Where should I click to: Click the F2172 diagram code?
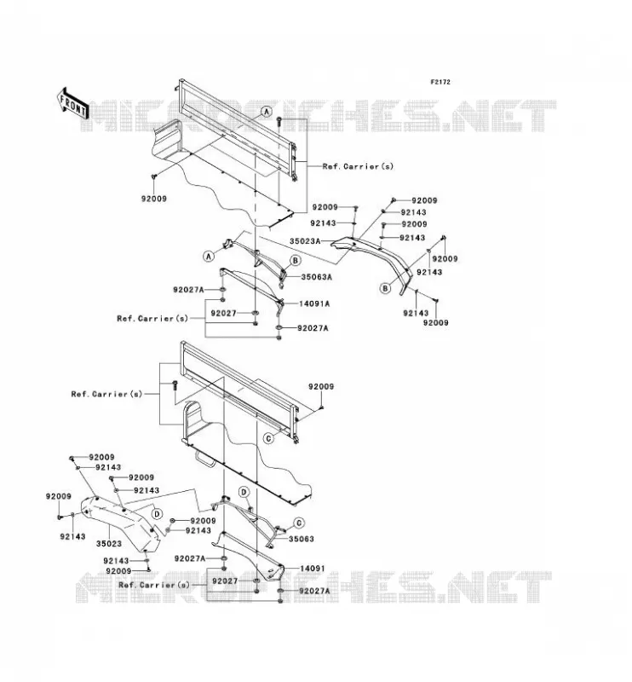tap(440, 82)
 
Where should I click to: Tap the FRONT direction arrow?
tap(72, 104)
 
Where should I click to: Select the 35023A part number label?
tap(305, 241)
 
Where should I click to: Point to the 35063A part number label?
tap(317, 276)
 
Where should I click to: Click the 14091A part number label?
tap(314, 303)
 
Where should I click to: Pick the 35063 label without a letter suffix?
tap(302, 539)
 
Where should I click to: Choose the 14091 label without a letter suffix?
tap(313, 569)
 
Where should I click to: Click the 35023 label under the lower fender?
tap(109, 544)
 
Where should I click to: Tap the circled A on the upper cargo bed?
tap(267, 112)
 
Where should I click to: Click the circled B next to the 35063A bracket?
tap(296, 261)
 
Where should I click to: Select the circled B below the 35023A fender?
tap(385, 288)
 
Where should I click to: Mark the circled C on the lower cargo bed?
tap(269, 438)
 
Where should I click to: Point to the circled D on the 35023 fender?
tap(157, 514)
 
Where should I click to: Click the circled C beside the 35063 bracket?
tap(299, 523)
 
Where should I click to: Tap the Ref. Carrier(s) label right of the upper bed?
tap(358, 166)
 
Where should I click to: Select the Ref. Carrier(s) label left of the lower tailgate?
tap(107, 394)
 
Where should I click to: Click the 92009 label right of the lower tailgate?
tap(321, 387)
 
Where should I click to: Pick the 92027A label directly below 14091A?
tap(313, 328)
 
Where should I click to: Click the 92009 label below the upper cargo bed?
tap(154, 199)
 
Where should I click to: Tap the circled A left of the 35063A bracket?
tap(209, 257)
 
